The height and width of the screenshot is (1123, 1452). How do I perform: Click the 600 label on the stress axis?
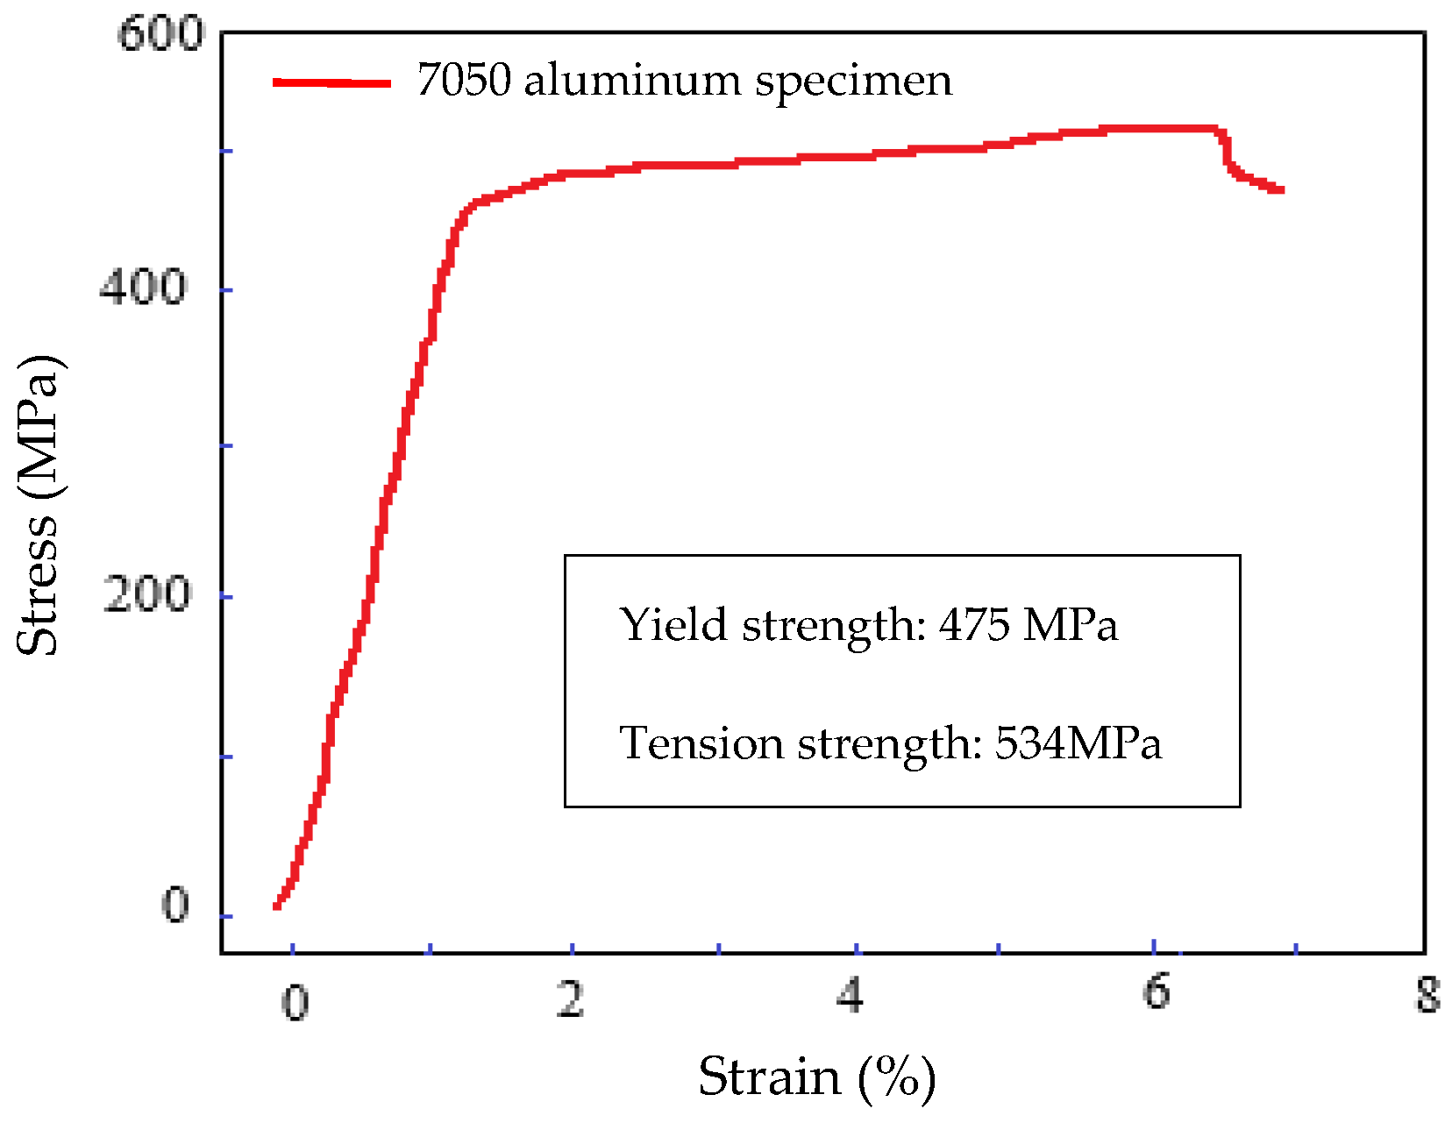160,34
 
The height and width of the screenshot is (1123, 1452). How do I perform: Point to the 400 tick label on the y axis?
143,287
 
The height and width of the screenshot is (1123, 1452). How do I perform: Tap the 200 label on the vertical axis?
146,594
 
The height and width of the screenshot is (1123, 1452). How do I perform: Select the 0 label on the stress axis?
175,904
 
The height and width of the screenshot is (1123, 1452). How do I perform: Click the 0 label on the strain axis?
295,1002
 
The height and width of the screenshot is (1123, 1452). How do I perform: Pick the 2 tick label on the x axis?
570,999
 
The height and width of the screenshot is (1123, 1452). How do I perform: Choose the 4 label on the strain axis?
850,997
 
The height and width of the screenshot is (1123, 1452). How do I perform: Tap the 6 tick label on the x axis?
1157,992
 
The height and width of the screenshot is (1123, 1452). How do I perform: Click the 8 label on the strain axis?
1428,996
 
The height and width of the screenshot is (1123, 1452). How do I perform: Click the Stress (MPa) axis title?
39,506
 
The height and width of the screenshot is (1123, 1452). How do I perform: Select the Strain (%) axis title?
816,1077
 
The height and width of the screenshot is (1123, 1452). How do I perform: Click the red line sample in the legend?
331,82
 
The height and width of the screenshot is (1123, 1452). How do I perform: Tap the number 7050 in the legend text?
463,81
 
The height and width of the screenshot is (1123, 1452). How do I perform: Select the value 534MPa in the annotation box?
1078,743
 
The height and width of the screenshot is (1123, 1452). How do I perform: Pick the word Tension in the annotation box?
701,743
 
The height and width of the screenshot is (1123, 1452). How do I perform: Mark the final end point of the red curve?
1281,190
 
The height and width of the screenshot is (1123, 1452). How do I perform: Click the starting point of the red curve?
276,906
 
